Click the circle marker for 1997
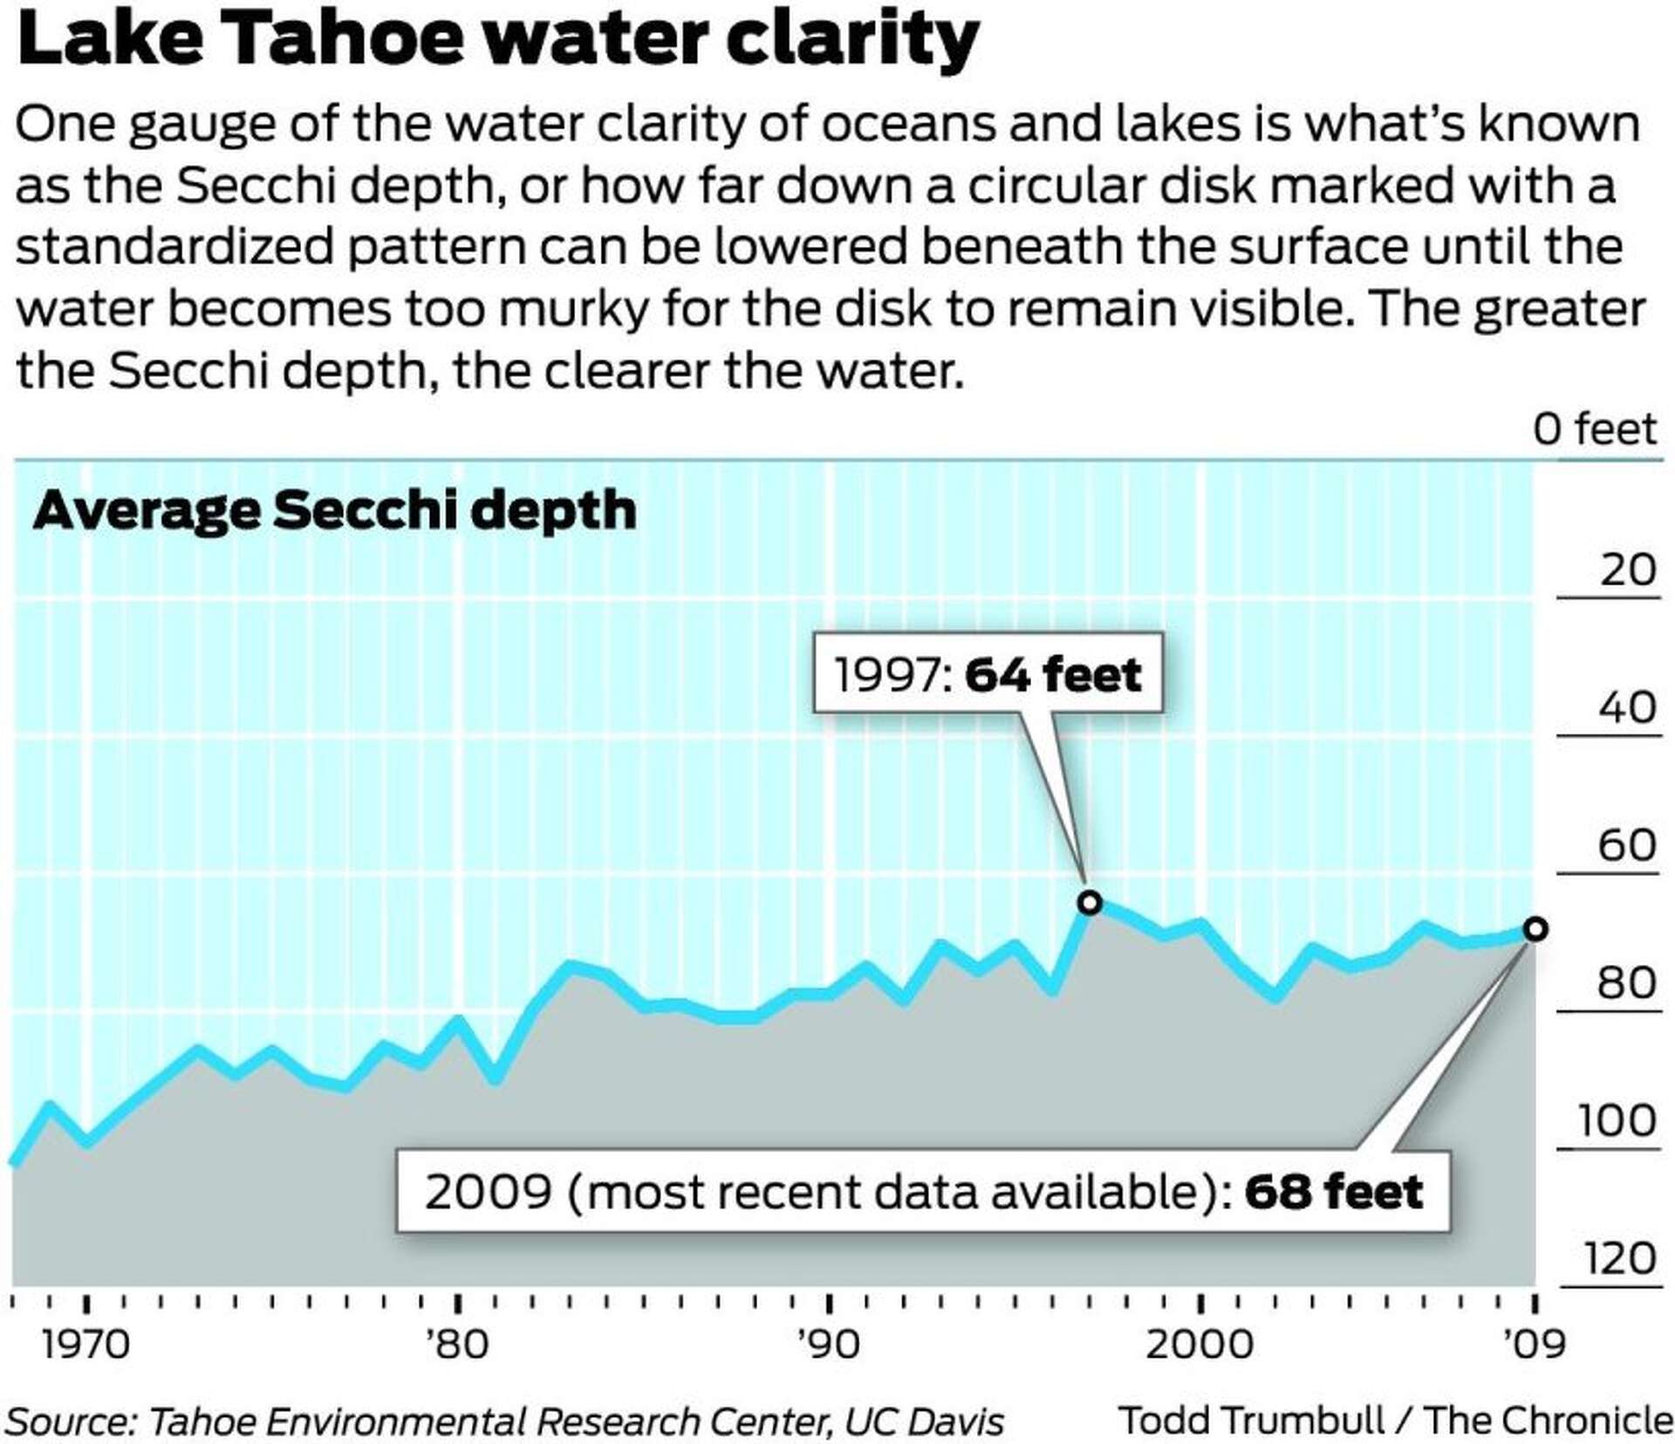click(1089, 902)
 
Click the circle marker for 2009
click(1535, 929)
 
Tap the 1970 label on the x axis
click(85, 1345)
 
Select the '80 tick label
click(457, 1345)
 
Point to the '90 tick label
click(829, 1345)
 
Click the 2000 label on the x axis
click(1199, 1345)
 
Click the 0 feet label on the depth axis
click(1595, 429)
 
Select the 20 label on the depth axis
click(1627, 571)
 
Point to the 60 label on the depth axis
click(1627, 845)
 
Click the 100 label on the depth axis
click(1617, 1121)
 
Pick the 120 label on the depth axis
click(1618, 1259)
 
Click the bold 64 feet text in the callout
click(1053, 675)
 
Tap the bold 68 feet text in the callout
click(1334, 1192)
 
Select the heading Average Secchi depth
click(334, 511)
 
